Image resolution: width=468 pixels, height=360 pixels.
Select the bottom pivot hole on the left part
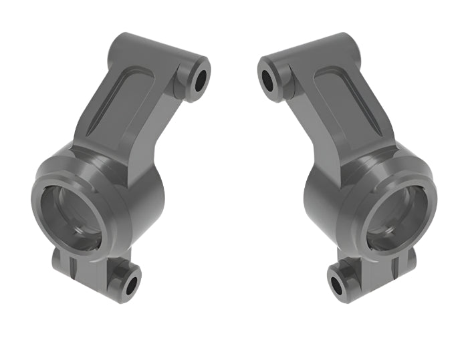pos(131,283)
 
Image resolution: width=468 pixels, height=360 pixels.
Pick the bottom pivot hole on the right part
pos(338,283)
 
